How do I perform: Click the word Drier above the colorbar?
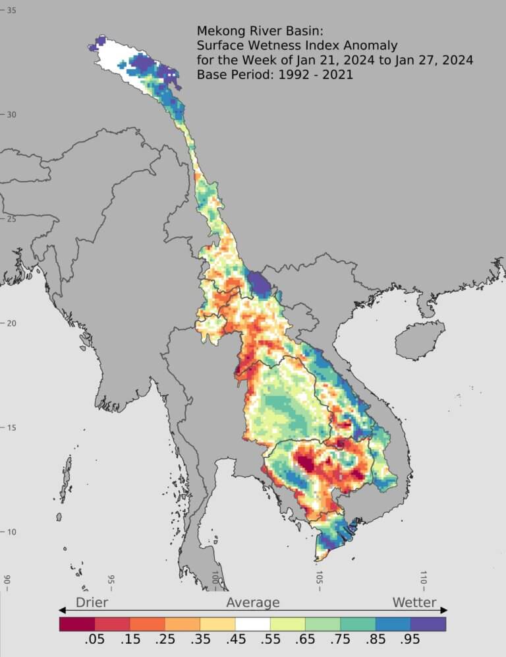pyautogui.click(x=92, y=602)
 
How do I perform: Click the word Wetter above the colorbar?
pyautogui.click(x=414, y=602)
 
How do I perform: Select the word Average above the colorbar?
pyautogui.click(x=253, y=602)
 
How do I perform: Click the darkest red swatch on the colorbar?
pyautogui.click(x=77, y=623)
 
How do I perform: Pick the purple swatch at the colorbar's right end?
pyautogui.click(x=428, y=623)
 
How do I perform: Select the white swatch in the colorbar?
pyautogui.click(x=253, y=623)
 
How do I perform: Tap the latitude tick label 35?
pyautogui.click(x=12, y=11)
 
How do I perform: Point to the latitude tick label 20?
pyautogui.click(x=12, y=323)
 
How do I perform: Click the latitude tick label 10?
pyautogui.click(x=12, y=532)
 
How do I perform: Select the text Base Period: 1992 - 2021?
pyautogui.click(x=275, y=75)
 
